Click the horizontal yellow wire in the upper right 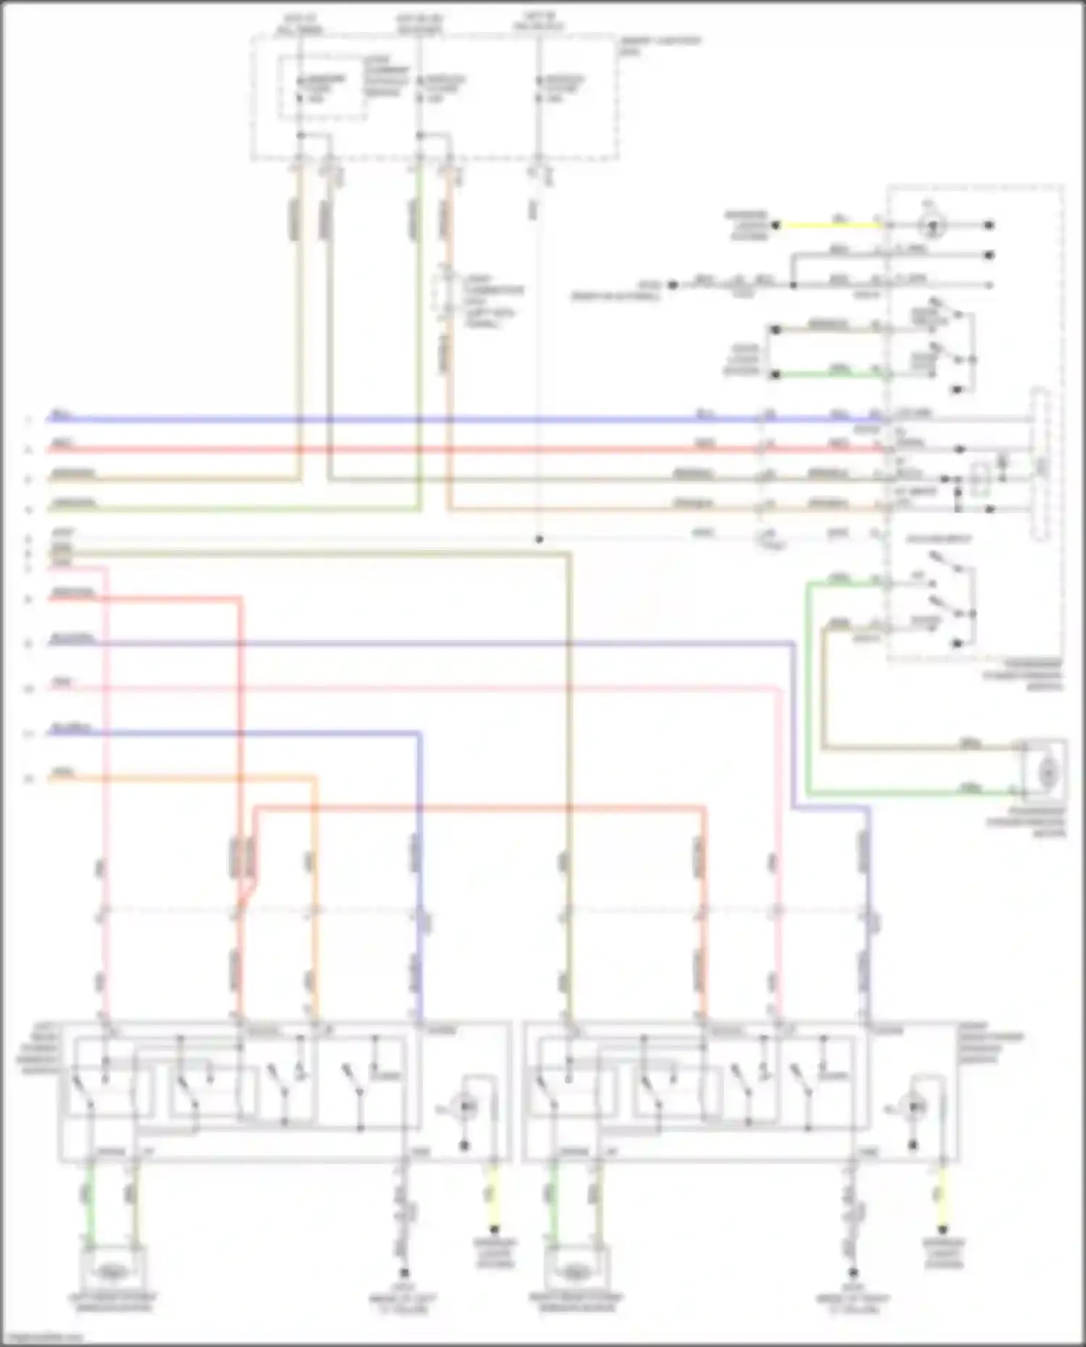829,225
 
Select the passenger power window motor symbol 1047,773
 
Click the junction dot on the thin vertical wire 539,539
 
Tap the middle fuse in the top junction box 420,87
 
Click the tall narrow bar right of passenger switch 1040,464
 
